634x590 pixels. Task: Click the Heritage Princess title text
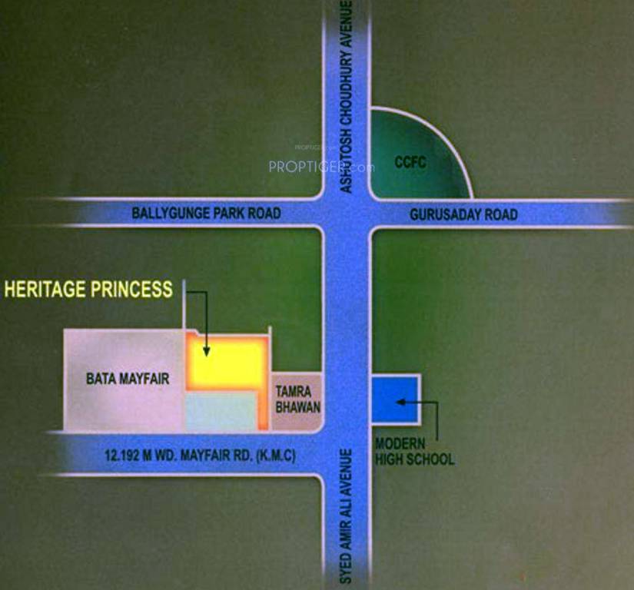[x=88, y=290]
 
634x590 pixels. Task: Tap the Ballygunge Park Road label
[x=206, y=213]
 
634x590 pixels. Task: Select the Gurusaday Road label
[x=463, y=214]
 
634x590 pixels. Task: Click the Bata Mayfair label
[x=127, y=379]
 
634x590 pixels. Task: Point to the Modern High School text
[x=414, y=452]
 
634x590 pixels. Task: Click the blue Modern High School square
[x=395, y=399]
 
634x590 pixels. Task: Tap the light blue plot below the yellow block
[x=221, y=412]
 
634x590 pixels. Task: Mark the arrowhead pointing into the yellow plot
[x=206, y=352]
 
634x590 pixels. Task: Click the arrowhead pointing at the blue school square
[x=398, y=400]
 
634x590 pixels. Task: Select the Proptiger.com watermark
[x=321, y=166]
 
